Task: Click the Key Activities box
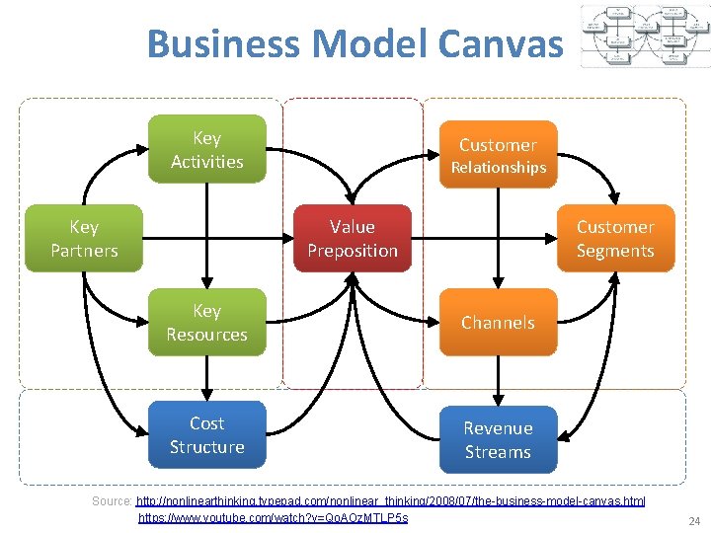[206, 150]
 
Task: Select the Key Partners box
[84, 238]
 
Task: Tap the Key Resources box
[206, 323]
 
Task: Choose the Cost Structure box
[206, 435]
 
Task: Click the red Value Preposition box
[353, 238]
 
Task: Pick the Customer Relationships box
[498, 155]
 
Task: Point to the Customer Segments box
[615, 238]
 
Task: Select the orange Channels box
[498, 323]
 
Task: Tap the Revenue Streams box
[498, 440]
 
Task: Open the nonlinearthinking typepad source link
[391, 501]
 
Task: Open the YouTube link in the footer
[273, 517]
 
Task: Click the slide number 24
[693, 520]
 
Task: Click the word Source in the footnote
[112, 501]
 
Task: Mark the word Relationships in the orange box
[498, 168]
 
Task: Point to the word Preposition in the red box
[353, 251]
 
